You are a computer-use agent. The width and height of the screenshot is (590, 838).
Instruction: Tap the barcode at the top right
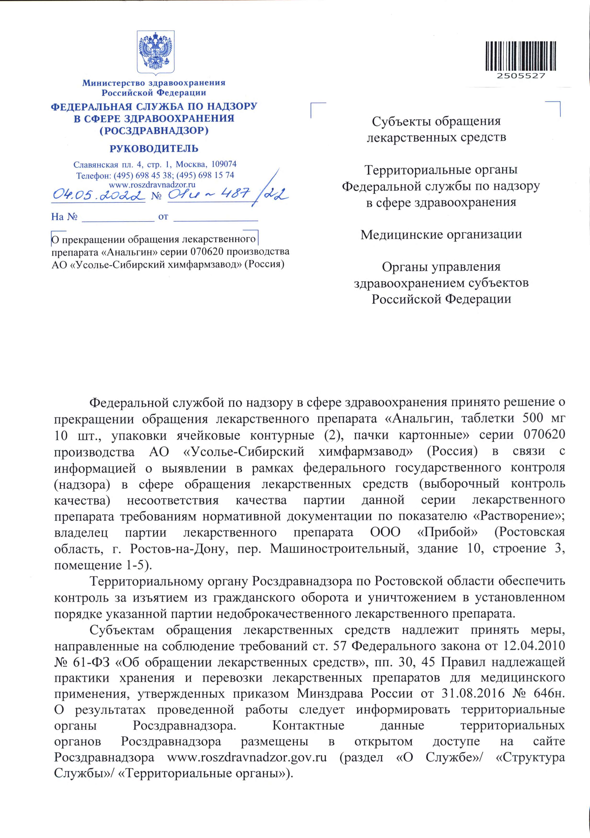tap(521, 56)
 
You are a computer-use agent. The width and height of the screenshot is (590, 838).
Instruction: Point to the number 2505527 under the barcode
tap(521, 76)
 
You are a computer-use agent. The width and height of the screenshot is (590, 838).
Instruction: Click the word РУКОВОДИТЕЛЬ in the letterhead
tap(154, 149)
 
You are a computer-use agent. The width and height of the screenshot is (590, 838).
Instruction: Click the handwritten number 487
tap(237, 193)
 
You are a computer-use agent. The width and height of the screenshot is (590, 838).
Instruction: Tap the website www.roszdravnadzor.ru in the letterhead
tap(152, 185)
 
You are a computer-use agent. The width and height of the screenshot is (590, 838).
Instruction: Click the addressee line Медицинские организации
tap(441, 234)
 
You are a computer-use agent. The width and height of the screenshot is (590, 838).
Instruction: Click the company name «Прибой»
tap(447, 533)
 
